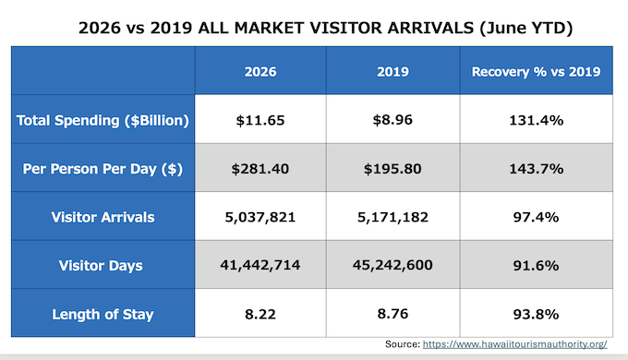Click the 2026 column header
coord(260,72)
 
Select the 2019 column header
coord(392,72)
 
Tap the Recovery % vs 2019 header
coord(536,72)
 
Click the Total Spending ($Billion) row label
coord(103,121)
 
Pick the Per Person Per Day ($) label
coord(103,169)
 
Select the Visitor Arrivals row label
coord(103,217)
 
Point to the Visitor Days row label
coord(101,266)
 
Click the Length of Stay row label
coord(103,315)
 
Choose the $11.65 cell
coord(260,120)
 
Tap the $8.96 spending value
coord(392,120)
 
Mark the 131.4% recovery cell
coord(537,120)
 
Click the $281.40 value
coord(260,169)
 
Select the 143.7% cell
coord(537,169)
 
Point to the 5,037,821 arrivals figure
coord(260,217)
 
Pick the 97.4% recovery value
coord(536,217)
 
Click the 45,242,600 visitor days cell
coord(392,265)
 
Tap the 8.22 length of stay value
coord(260,314)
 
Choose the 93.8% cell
coord(536,315)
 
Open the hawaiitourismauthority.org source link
coord(515,344)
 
